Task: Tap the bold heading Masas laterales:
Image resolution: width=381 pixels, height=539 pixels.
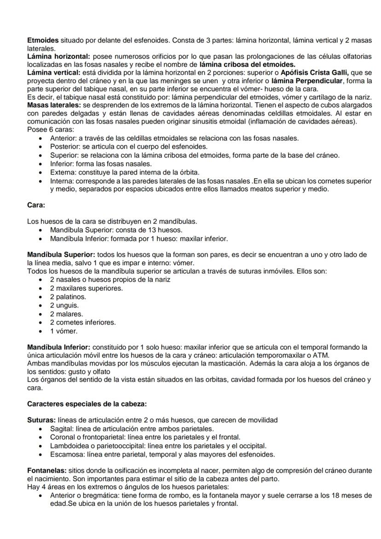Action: click(x=49, y=105)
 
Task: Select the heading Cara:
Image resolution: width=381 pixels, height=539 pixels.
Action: click(x=36, y=205)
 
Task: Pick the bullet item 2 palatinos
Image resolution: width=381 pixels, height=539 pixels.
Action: click(x=68, y=297)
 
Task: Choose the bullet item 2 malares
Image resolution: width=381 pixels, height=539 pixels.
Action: click(x=66, y=314)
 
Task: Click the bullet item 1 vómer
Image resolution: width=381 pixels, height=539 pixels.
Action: click(x=64, y=331)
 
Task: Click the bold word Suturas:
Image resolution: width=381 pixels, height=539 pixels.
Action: click(x=41, y=420)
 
